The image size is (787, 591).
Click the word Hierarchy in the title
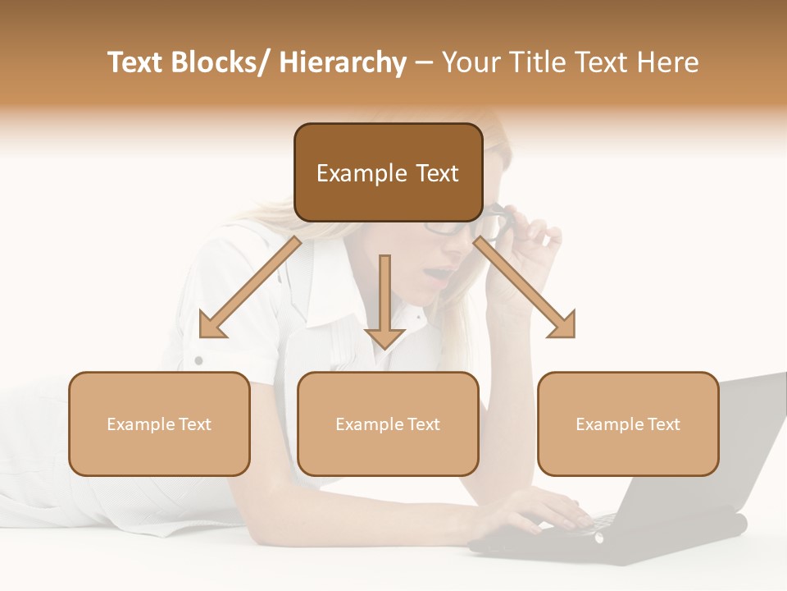(x=343, y=62)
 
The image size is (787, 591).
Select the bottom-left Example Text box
(x=159, y=424)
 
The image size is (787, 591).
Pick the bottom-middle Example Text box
(x=388, y=424)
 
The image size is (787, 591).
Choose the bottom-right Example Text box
(x=628, y=424)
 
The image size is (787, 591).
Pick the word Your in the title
(x=470, y=62)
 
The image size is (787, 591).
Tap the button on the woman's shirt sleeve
(x=198, y=360)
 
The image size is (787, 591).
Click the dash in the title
(x=424, y=62)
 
